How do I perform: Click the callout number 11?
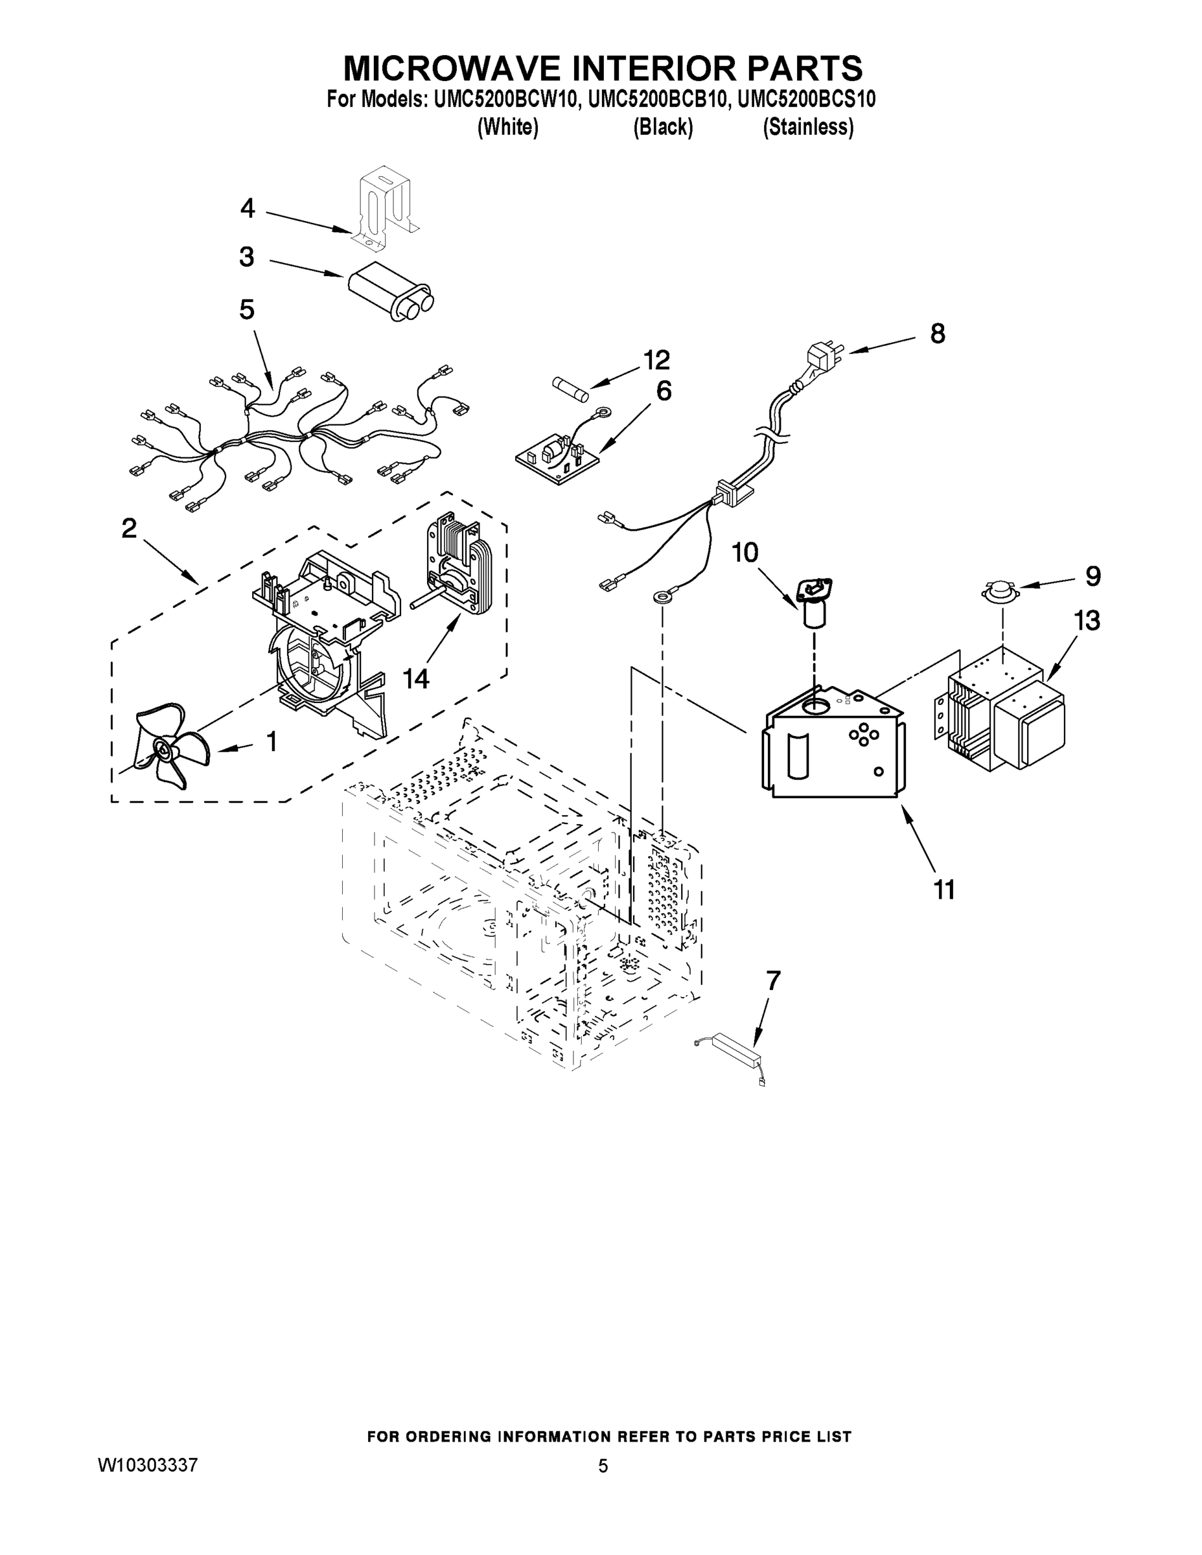click(x=944, y=890)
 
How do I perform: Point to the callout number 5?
click(x=246, y=310)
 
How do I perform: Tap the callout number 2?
click(x=129, y=527)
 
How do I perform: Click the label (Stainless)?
click(x=807, y=128)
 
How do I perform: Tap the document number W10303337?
click(x=146, y=1466)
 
